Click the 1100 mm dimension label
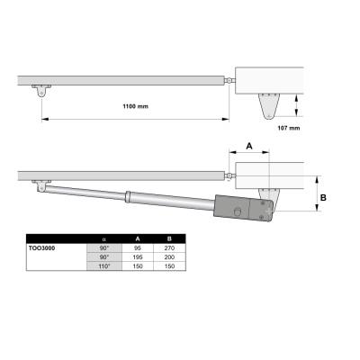coord(135,106)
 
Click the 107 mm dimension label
coord(289,128)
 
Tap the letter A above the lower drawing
coord(249,146)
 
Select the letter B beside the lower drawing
coord(323,198)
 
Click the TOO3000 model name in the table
coord(41,248)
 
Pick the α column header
coord(104,239)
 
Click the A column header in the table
coord(138,238)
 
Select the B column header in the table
coord(169,238)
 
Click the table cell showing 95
coord(138,248)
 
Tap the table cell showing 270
coord(169,248)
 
